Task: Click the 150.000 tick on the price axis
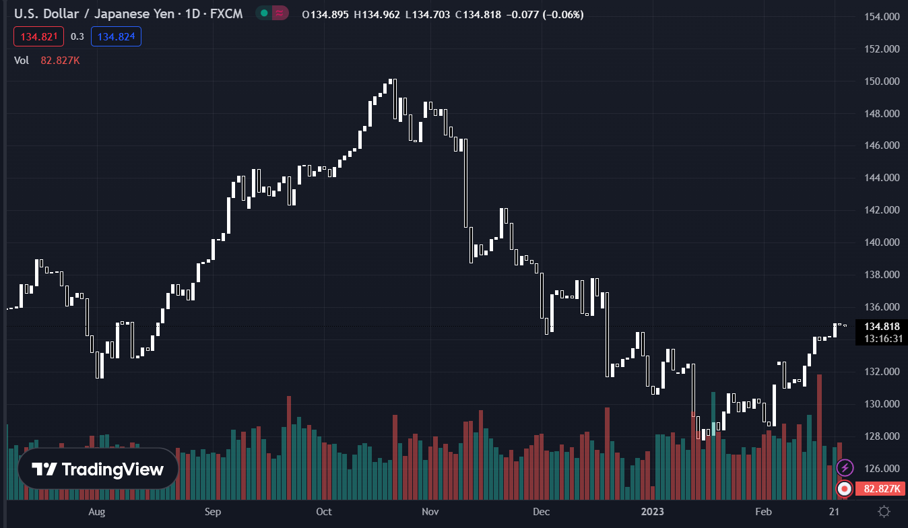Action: (881, 81)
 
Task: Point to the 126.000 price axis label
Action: (881, 469)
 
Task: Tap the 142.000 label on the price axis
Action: (881, 210)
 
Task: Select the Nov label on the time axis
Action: (430, 512)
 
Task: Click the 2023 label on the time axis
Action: (652, 512)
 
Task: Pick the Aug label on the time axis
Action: (97, 512)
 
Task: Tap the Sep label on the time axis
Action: (213, 512)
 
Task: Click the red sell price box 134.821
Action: (39, 36)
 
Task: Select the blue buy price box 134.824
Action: (116, 36)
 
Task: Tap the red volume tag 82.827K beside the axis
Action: (881, 489)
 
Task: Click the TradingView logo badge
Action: (98, 469)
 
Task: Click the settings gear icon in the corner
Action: (884, 511)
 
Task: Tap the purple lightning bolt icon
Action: (845, 467)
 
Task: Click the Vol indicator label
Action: (22, 60)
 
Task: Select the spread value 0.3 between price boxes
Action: (77, 36)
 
